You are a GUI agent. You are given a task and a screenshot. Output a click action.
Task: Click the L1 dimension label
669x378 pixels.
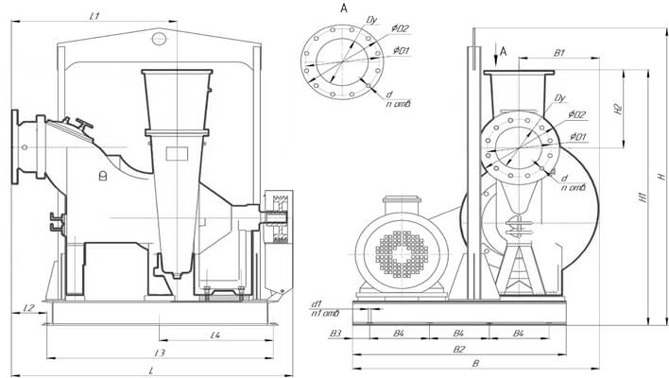click(94, 17)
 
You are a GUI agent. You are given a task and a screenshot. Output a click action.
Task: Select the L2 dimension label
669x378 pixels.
click(28, 308)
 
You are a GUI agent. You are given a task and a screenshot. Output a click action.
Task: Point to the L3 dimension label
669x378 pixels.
click(162, 352)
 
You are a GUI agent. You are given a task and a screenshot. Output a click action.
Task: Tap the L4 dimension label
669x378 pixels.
click(215, 335)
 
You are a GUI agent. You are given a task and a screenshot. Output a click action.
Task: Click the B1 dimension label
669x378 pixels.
click(559, 53)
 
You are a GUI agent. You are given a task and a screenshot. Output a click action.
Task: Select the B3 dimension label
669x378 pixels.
click(335, 334)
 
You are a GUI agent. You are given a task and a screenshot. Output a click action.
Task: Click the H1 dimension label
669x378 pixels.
click(641, 198)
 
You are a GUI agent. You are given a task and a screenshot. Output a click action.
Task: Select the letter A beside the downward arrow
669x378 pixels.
click(503, 49)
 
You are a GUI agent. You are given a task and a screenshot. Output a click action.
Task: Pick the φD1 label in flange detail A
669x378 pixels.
click(400, 50)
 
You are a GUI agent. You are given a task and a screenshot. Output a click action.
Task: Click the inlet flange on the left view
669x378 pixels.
click(15, 147)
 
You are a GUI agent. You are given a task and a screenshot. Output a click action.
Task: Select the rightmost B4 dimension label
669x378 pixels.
click(519, 334)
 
